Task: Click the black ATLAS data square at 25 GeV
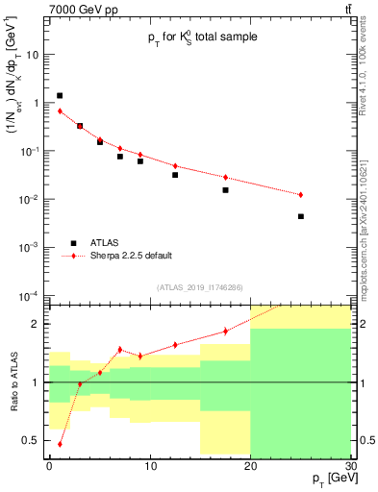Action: (301, 216)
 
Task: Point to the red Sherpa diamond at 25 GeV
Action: (301, 195)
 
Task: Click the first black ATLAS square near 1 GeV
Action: (60, 95)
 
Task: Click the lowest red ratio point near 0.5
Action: (60, 444)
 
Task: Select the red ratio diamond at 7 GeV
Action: (120, 350)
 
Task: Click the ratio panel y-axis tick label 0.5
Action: (33, 440)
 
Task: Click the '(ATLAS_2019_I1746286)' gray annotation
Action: (199, 287)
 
